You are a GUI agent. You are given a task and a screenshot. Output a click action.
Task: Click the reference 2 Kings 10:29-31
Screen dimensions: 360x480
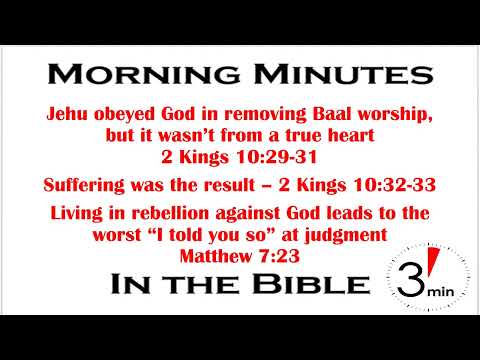point(239,156)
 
